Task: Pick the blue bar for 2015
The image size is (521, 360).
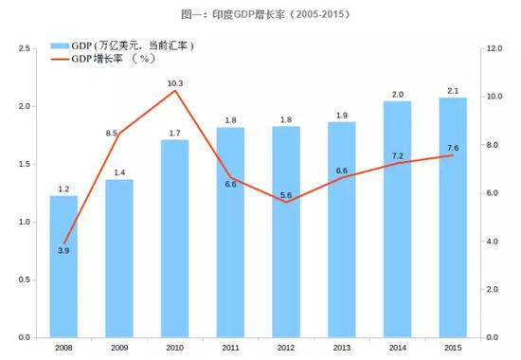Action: tap(452, 217)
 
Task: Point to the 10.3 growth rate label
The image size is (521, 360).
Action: tap(174, 83)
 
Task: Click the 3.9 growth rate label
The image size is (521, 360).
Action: tap(63, 250)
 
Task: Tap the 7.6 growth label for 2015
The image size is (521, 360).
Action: tap(452, 148)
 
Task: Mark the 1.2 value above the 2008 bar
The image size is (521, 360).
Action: tap(63, 189)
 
